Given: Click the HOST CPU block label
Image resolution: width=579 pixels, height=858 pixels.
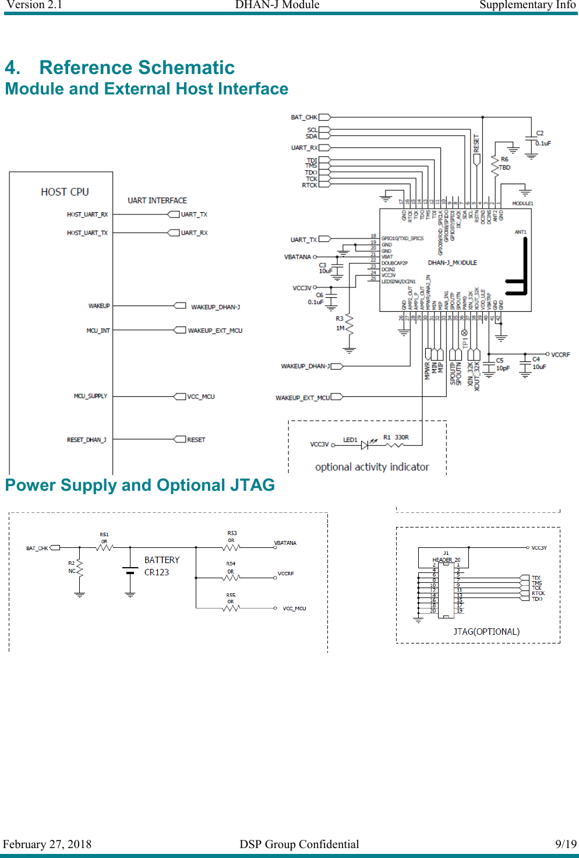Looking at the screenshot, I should point(65,192).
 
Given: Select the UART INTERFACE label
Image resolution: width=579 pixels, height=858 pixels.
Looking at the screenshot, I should point(157,201).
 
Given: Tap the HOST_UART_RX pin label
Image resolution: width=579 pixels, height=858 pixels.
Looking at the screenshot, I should point(87,214).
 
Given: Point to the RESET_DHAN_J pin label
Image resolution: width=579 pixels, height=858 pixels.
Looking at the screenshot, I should point(86,439).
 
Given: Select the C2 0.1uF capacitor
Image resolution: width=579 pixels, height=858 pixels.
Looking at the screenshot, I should point(531,140).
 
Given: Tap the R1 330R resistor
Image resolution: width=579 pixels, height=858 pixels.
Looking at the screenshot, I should point(395,445).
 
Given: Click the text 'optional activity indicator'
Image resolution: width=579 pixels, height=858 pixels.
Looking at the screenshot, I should point(372,467).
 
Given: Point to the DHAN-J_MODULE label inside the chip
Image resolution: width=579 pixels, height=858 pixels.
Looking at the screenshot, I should point(452,263).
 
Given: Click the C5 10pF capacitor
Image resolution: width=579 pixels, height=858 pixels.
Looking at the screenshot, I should point(489,366).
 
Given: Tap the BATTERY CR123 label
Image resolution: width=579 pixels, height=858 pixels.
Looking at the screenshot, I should point(161,566).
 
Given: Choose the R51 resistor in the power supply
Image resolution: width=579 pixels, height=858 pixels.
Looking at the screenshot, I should point(104,547).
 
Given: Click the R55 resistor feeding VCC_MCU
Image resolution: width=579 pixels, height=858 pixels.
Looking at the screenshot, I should point(231,608).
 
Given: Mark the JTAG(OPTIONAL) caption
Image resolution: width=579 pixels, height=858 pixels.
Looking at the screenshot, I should point(486,632).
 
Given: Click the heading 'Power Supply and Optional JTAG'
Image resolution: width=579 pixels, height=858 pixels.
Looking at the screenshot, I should point(140,485).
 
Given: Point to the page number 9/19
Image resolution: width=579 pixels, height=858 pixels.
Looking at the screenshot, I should point(566,844).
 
